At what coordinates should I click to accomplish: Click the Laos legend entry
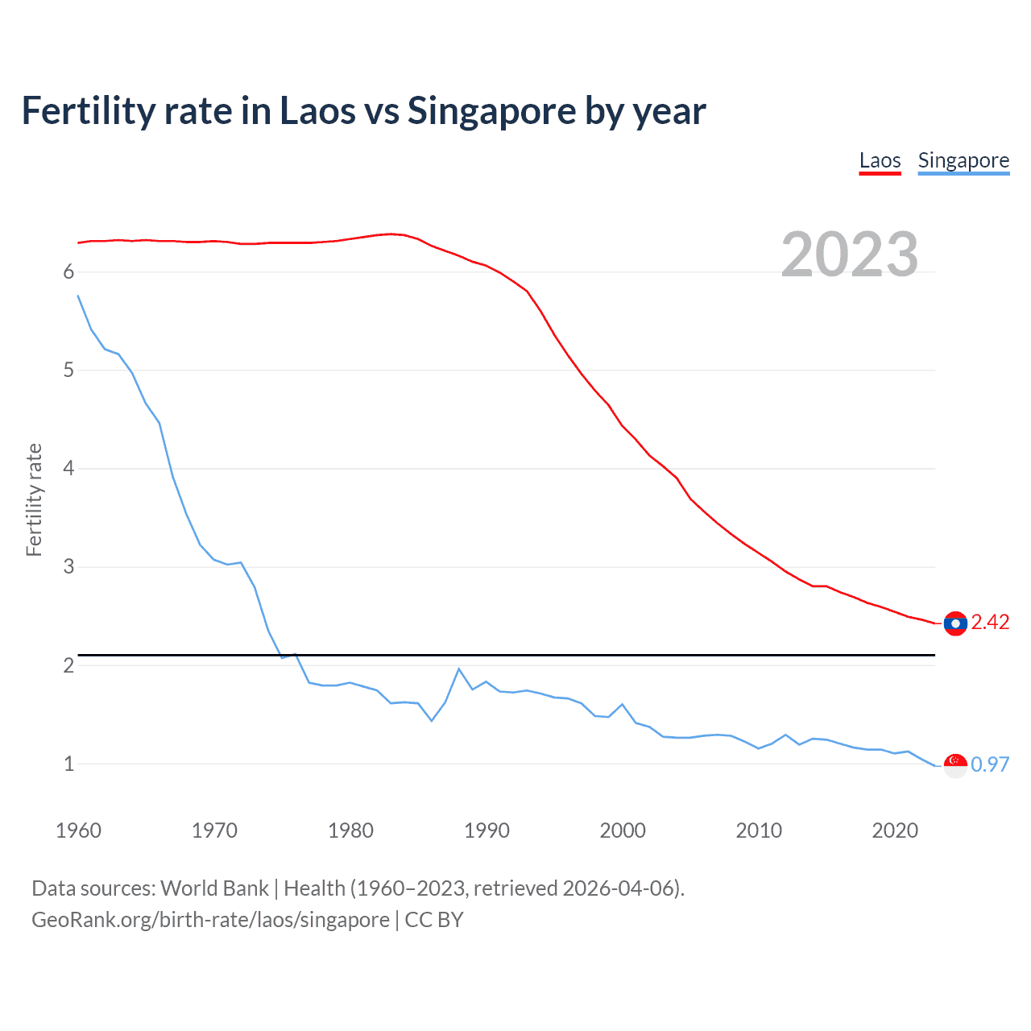[x=880, y=160]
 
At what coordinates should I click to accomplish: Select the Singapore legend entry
[x=963, y=160]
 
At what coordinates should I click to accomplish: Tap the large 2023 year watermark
[x=850, y=255]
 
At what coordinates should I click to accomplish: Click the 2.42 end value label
[x=990, y=622]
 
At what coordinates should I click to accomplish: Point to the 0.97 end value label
[x=990, y=764]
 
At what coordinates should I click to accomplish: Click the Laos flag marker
[x=955, y=623]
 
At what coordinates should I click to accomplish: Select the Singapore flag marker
[x=955, y=765]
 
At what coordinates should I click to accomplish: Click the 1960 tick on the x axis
[x=78, y=830]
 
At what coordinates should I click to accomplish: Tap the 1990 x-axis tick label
[x=487, y=830]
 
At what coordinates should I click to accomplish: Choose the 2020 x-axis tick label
[x=895, y=830]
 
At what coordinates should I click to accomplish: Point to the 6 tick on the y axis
[x=68, y=272]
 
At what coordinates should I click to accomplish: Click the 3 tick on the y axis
[x=68, y=567]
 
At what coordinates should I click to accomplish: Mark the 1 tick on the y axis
[x=68, y=764]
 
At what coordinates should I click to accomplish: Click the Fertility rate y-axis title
[x=34, y=499]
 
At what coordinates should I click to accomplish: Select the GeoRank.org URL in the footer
[x=210, y=920]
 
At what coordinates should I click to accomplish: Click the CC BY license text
[x=434, y=920]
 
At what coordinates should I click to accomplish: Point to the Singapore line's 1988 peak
[x=459, y=669]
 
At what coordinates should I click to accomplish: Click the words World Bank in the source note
[x=214, y=888]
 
